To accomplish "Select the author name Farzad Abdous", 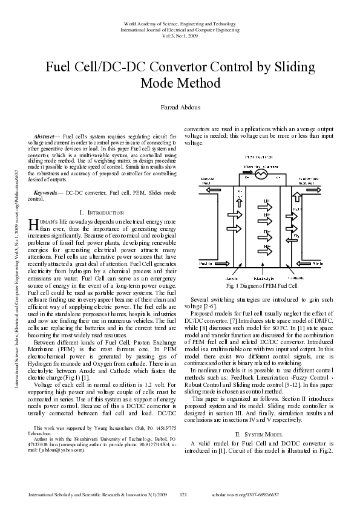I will (180, 107).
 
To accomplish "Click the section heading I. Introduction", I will (102, 213).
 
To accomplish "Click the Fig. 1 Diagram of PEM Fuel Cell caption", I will (261, 285).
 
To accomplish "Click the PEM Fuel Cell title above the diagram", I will (261, 157).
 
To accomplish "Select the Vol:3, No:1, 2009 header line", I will (180, 36).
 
